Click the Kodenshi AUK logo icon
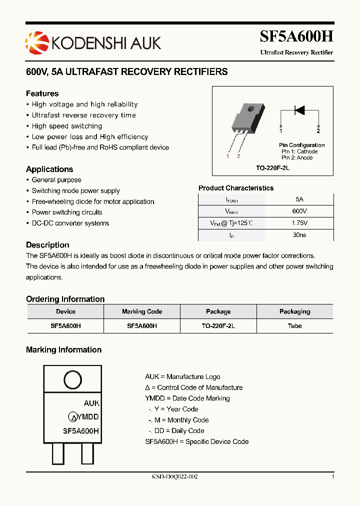coord(34,42)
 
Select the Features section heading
coord(42,93)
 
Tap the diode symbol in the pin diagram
coord(299,110)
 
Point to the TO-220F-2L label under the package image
coord(273,168)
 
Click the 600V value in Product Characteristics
coord(299,211)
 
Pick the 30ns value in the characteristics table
coord(299,235)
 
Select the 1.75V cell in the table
coord(299,223)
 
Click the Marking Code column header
coord(142,311)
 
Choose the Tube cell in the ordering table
coord(294,325)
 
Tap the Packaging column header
coord(294,311)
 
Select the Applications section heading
coord(49,169)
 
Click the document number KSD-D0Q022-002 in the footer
coord(175,477)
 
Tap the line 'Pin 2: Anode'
coord(296,157)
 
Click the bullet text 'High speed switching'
coord(67,126)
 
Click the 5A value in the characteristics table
coord(299,199)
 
